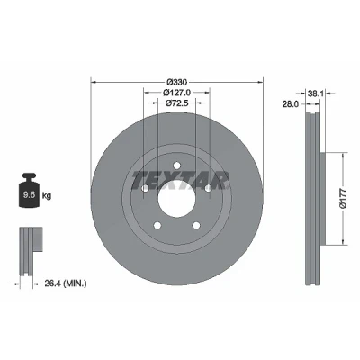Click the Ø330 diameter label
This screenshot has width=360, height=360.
click(x=177, y=82)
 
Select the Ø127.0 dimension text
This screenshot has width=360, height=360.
click(x=176, y=93)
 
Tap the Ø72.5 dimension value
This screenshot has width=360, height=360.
click(x=176, y=103)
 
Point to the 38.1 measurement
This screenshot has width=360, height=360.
click(x=315, y=94)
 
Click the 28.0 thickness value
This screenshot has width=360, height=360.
click(x=290, y=104)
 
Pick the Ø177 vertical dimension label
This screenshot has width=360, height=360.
click(x=343, y=198)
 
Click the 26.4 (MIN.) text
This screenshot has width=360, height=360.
click(x=66, y=283)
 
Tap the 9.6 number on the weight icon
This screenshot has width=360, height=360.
click(x=30, y=194)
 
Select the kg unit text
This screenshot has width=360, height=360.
click(x=47, y=196)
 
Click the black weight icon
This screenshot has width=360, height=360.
click(x=30, y=190)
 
